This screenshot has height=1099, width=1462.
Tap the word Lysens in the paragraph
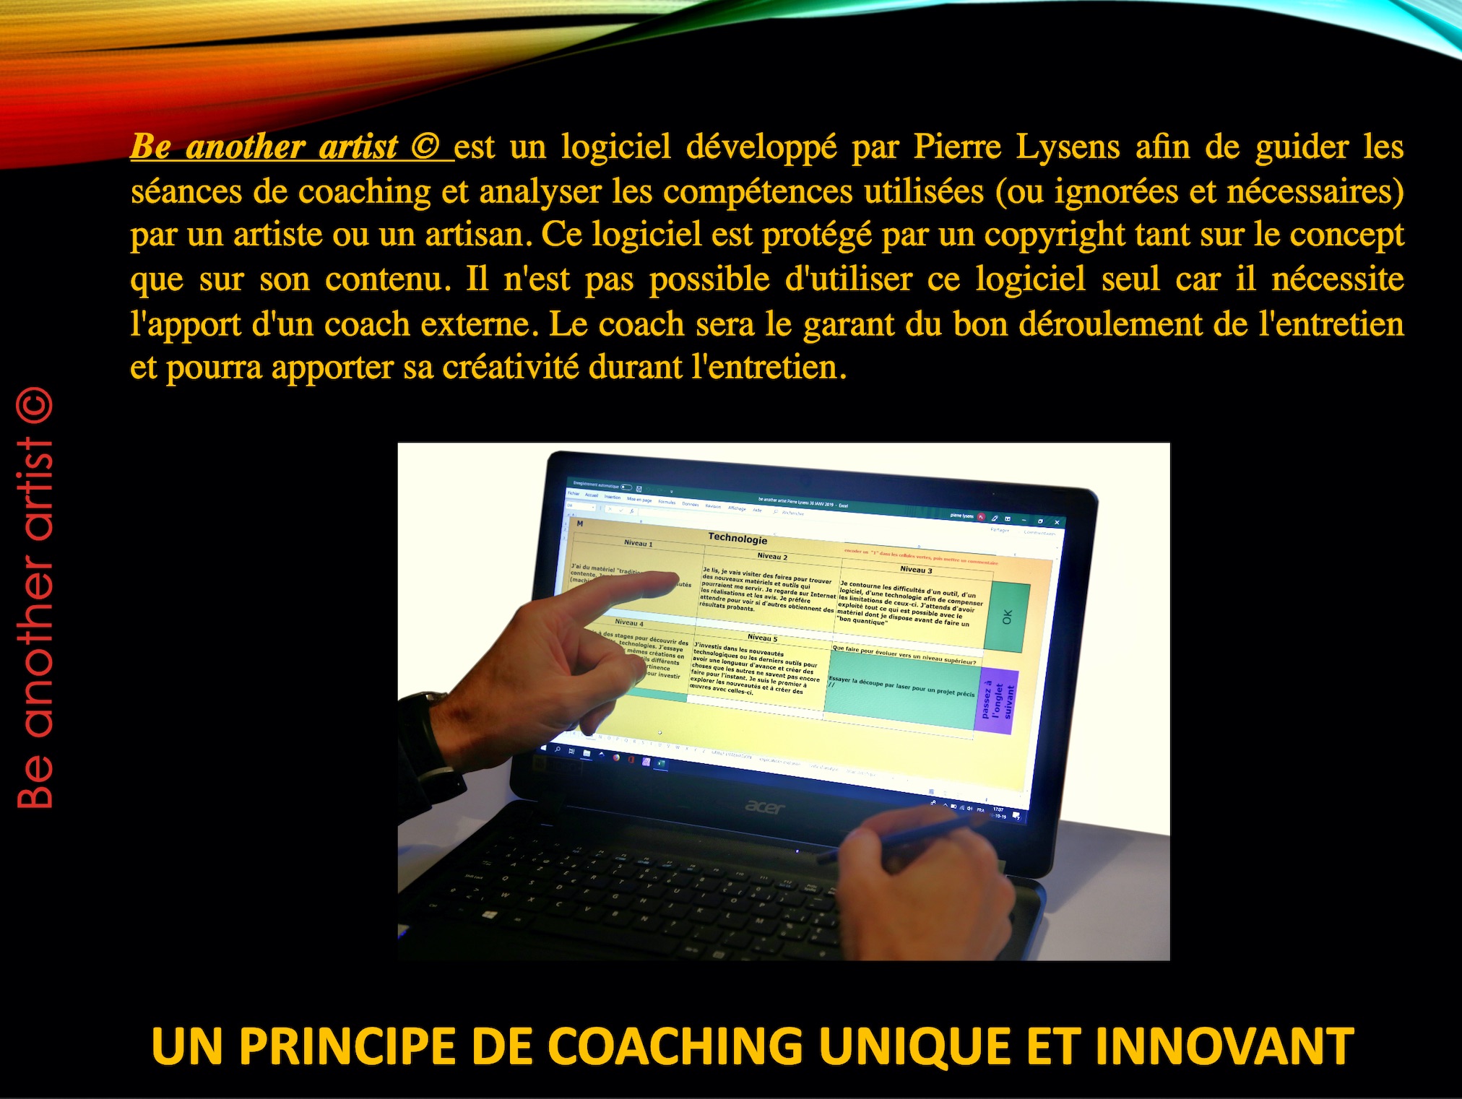pyautogui.click(x=1068, y=147)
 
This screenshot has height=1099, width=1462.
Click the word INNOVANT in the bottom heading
pyautogui.click(x=1224, y=1046)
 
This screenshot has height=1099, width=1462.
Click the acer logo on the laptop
pyautogui.click(x=764, y=807)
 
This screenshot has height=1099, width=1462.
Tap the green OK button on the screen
pyautogui.click(x=1006, y=617)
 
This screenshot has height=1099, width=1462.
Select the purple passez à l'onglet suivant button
pyautogui.click(x=998, y=701)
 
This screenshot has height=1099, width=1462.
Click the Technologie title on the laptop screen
pyautogui.click(x=738, y=539)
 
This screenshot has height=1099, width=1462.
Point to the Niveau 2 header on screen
pyautogui.click(x=772, y=557)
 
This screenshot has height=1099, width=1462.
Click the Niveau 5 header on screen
pyautogui.click(x=762, y=638)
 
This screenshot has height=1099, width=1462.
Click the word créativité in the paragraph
pyautogui.click(x=511, y=368)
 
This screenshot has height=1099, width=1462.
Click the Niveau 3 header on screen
pyautogui.click(x=916, y=570)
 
